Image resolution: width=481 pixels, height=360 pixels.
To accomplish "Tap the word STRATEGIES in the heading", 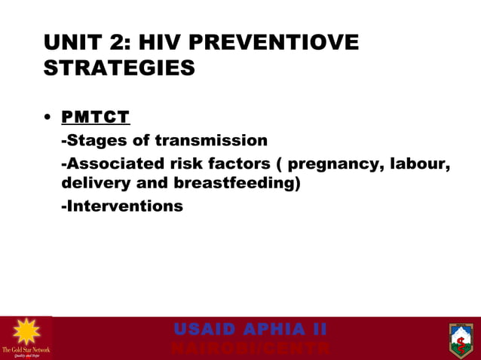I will (x=119, y=69).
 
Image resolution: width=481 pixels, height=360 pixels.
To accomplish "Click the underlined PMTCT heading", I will (x=96, y=117).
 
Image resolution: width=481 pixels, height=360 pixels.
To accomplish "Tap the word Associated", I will (x=110, y=164).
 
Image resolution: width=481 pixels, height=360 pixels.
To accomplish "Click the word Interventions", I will (x=122, y=206).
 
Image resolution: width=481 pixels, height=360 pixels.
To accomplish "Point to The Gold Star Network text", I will (x=26, y=350).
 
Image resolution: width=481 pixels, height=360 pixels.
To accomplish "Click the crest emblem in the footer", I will (x=460, y=339).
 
